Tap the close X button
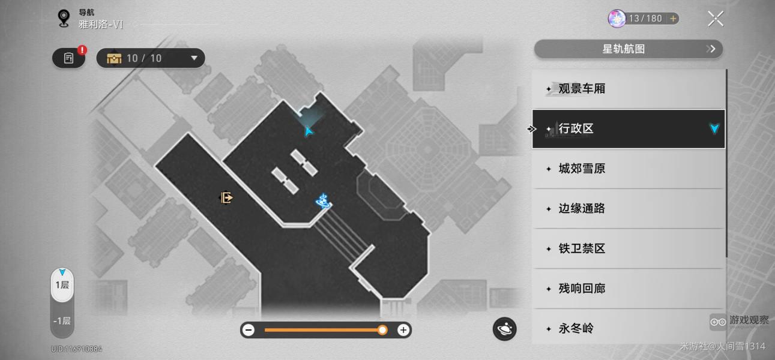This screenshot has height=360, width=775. click(x=715, y=19)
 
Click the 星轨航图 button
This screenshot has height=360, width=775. click(x=628, y=49)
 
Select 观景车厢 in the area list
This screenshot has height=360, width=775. click(x=628, y=89)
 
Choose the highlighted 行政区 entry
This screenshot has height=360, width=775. click(x=628, y=129)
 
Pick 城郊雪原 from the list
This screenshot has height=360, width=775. click(x=628, y=169)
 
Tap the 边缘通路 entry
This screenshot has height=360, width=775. click(x=628, y=209)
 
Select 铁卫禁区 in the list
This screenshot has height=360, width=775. click(x=628, y=248)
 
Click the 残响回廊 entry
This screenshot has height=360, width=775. click(x=628, y=289)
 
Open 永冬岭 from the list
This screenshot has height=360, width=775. click(x=628, y=328)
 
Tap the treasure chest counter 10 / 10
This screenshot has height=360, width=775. click(x=151, y=58)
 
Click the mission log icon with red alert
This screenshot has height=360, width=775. click(x=69, y=58)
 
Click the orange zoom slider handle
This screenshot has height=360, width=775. click(x=382, y=330)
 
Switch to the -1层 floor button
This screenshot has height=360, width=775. click(x=62, y=321)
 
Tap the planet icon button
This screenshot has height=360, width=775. click(x=505, y=329)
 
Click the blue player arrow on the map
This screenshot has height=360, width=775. click(x=309, y=131)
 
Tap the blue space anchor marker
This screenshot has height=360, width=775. click(x=324, y=201)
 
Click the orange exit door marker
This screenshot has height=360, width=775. click(x=226, y=197)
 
